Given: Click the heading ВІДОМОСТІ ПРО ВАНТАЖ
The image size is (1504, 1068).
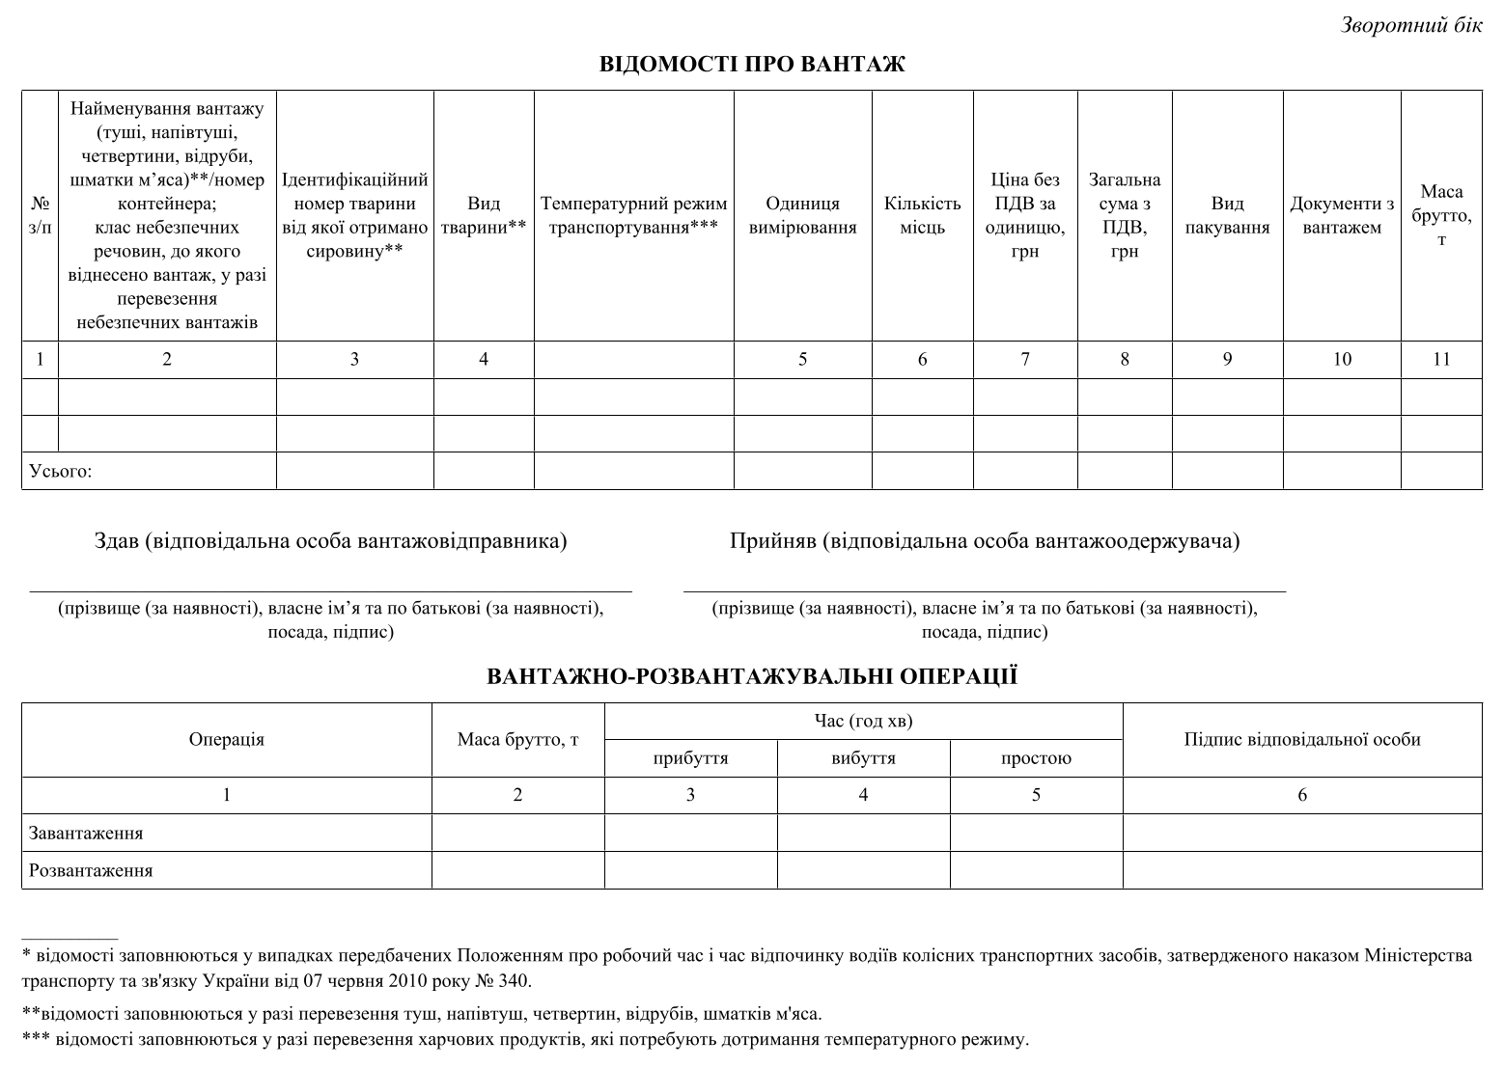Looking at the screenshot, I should [x=752, y=65].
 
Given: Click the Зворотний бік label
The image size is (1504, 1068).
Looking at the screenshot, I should [x=1411, y=26].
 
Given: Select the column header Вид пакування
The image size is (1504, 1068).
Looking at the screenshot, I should [x=1227, y=215].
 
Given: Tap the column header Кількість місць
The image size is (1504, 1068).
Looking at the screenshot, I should [x=922, y=215].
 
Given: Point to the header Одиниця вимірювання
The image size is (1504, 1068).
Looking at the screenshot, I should [x=802, y=215].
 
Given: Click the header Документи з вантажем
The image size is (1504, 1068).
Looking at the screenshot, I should [x=1342, y=215].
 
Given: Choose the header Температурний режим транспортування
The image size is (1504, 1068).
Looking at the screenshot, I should [x=633, y=215].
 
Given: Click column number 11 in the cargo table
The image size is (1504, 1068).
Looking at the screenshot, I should [x=1441, y=359].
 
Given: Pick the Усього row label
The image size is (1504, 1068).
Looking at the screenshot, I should [x=61, y=472].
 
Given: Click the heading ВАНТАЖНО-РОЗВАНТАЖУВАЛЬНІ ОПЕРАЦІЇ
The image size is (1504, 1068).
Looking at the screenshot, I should [x=752, y=676].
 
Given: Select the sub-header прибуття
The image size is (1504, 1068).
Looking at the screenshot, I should [x=690, y=758].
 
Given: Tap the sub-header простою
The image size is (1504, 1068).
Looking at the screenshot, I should [x=1036, y=758].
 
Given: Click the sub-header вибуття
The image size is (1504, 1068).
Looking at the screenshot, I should [x=863, y=758].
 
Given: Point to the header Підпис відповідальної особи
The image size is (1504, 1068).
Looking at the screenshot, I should [x=1302, y=740].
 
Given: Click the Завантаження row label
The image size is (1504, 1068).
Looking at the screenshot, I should [x=86, y=833].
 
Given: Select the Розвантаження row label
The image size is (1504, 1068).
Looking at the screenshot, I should [x=91, y=870].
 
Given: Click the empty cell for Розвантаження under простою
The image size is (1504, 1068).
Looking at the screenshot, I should [x=1036, y=870].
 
